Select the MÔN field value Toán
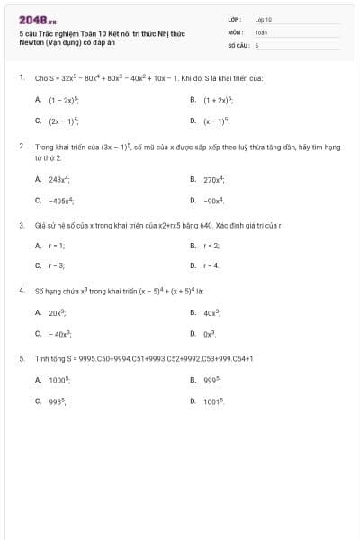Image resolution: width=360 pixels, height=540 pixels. point(261,31)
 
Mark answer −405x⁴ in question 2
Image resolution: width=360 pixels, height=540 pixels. point(61,200)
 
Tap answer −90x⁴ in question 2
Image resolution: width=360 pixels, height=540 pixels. point(213,200)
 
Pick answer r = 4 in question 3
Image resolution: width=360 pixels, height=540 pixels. point(211,265)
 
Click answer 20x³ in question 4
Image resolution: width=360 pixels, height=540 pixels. point(59,312)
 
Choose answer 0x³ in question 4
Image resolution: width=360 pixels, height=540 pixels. point(211,333)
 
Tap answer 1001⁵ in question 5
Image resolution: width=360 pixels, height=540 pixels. point(213,400)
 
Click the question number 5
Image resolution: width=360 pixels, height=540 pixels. point(21,358)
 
